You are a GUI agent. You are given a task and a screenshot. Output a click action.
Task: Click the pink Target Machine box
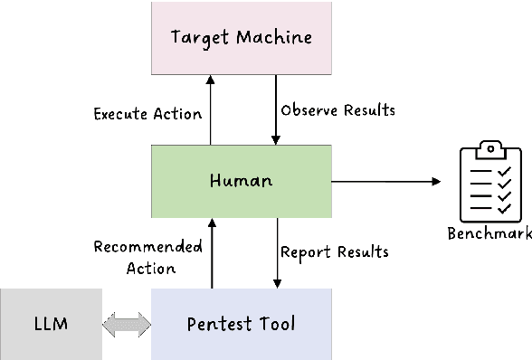(242, 38)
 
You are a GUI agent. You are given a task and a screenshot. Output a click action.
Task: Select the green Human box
(242, 181)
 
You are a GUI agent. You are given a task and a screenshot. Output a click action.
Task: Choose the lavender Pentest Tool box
(242, 324)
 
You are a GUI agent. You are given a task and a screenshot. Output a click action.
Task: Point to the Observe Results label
(337, 110)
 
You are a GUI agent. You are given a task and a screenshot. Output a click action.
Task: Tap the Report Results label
(334, 251)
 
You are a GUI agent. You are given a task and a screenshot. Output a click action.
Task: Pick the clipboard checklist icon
(489, 181)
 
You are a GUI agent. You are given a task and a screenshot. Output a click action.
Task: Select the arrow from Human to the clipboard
(385, 182)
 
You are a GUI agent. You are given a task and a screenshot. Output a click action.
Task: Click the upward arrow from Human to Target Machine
(210, 109)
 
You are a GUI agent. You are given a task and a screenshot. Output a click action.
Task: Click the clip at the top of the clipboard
(489, 146)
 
